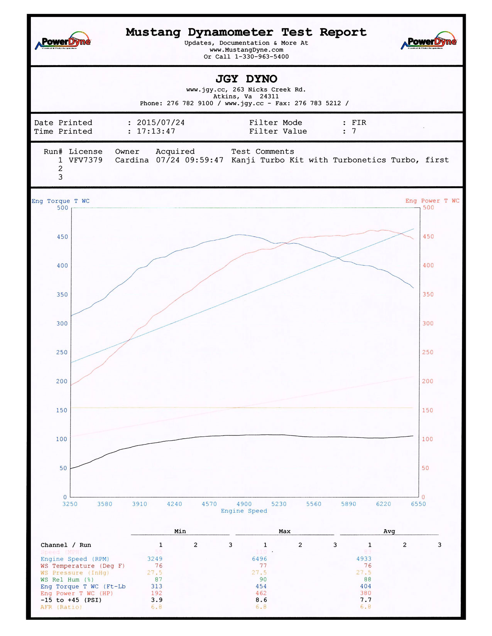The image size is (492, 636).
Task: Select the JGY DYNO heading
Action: [x=246, y=79]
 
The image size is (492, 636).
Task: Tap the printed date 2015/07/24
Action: [x=161, y=123]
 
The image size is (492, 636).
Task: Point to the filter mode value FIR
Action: [x=359, y=123]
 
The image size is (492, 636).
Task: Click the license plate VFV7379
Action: [x=86, y=160]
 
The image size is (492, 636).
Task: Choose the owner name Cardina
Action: [x=132, y=160]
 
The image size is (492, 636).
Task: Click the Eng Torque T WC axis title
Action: [x=61, y=201]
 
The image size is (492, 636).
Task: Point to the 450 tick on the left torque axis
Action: [x=62, y=237]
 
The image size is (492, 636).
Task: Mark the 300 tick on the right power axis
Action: [x=428, y=323]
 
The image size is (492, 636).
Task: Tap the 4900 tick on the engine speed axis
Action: [x=244, y=504]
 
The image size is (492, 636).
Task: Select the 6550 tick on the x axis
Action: [x=418, y=504]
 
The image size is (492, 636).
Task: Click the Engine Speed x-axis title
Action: [x=244, y=511]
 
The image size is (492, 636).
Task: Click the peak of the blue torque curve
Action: [x=239, y=234]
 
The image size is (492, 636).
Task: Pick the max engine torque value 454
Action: [x=261, y=586]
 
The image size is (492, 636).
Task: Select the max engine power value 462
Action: [x=261, y=593]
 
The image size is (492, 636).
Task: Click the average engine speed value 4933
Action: [x=364, y=559]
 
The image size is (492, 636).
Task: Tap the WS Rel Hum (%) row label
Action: [x=67, y=579]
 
